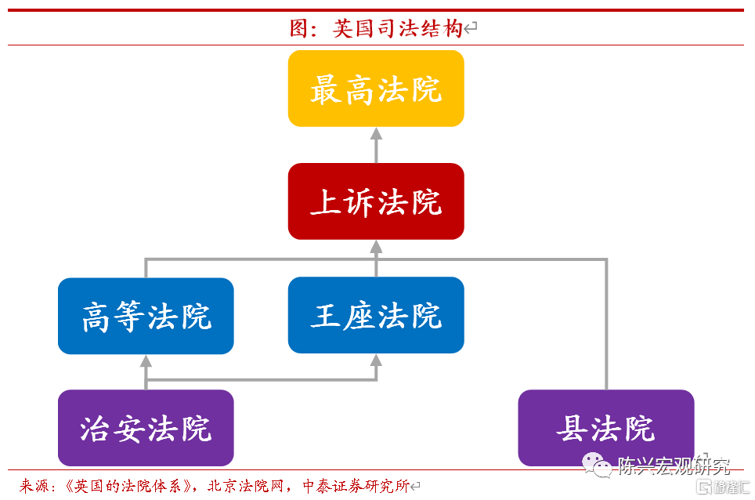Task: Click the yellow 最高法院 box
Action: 376,89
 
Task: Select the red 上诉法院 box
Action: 376,201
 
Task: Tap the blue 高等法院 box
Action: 146,316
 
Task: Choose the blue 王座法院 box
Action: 376,315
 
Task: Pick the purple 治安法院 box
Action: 146,428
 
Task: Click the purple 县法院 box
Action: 606,428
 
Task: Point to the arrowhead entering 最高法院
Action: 376,134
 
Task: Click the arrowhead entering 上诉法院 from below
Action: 376,247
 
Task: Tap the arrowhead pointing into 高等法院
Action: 146,361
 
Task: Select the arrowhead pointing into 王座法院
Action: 376,361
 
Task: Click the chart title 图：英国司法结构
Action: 376,28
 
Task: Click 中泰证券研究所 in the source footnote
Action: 356,486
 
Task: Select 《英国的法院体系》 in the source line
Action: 127,486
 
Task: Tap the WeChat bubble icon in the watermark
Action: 597,465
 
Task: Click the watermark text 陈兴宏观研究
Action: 674,466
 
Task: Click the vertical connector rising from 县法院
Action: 606,324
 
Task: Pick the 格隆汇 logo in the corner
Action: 723,487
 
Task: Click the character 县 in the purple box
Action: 572,428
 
